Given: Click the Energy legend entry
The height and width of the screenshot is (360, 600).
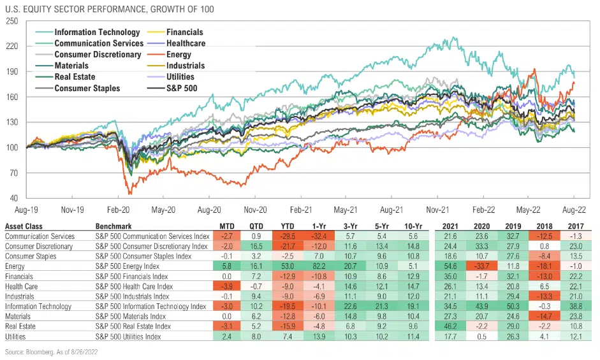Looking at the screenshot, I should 179,55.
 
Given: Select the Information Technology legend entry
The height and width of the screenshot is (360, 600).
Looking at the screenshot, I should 97,32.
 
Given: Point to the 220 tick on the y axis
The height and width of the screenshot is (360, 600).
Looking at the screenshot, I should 11,47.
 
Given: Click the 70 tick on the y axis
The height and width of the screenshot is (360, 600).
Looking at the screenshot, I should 13,173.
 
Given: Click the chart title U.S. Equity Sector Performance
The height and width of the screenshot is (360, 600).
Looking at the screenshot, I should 110,9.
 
